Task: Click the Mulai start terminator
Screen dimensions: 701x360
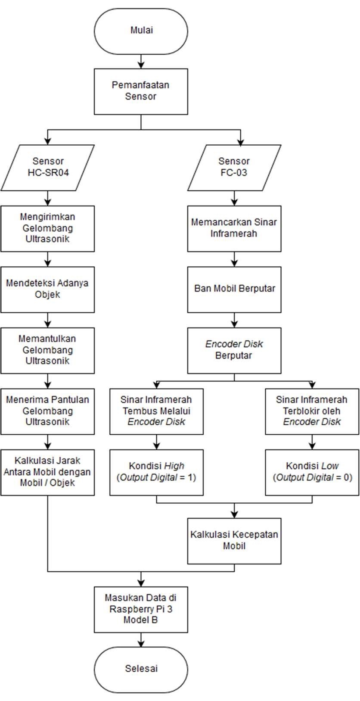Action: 141,31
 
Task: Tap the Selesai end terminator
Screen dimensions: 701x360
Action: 141,668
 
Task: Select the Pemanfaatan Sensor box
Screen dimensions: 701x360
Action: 141,91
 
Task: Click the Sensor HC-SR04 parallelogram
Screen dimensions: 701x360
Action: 48,167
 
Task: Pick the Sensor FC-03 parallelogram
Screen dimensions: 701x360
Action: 234,167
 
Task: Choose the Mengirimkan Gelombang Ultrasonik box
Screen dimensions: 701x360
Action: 48,228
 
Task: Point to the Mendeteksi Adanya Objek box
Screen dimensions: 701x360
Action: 48,289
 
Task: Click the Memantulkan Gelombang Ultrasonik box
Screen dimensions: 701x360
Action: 48,350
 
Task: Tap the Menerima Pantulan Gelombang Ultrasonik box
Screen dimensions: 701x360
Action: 48,411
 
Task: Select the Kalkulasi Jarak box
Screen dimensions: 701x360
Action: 48,472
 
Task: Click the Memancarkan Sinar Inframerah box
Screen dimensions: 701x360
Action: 234,228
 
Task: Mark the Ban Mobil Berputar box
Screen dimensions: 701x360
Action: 234,289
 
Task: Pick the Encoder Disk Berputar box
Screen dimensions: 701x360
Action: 234,350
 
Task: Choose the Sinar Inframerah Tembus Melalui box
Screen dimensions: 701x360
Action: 156,411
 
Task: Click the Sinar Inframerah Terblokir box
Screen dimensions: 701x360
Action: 312,411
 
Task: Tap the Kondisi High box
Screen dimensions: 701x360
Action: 156,472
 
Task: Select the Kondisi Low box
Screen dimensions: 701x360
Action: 312,472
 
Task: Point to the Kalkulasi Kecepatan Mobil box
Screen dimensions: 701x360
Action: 234,540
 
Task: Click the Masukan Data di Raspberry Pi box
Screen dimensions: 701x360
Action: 141,609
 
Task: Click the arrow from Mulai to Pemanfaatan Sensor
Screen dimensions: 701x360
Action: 141,61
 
